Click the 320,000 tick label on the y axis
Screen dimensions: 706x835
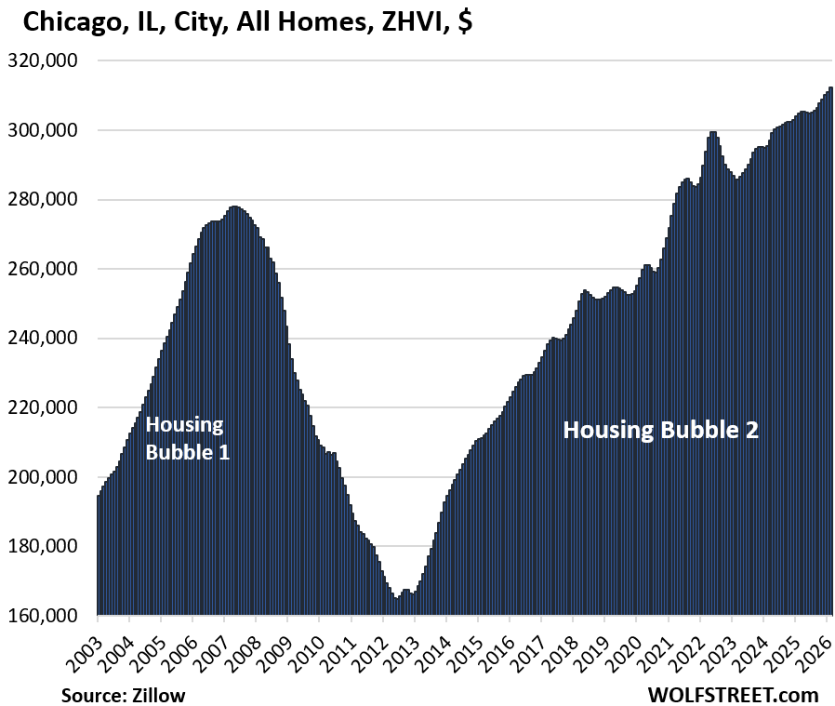[47, 60]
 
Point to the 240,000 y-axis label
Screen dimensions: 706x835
[47, 339]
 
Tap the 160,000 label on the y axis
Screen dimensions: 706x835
[47, 616]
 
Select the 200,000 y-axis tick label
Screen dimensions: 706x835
[47, 477]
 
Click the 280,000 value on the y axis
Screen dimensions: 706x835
[47, 199]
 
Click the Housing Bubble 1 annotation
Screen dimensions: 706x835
[187, 439]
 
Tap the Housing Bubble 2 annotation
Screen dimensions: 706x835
[661, 430]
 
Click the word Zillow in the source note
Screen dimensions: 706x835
[161, 694]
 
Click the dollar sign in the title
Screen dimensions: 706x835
[464, 23]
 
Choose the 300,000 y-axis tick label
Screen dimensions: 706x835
[47, 130]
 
